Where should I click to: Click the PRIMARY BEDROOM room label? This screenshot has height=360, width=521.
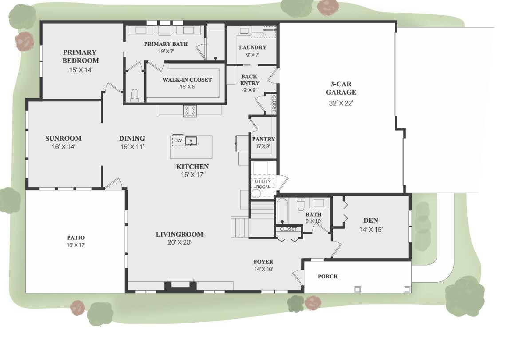click(80, 56)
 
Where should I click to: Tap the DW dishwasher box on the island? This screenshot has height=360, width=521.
click(178, 141)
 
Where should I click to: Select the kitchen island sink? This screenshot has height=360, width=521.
click(191, 141)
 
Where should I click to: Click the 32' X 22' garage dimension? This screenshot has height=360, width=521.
click(341, 103)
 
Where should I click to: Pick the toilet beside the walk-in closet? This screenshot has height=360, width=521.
click(135, 95)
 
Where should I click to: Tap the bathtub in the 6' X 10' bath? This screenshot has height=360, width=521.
click(282, 211)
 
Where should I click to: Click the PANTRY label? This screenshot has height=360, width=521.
click(264, 139)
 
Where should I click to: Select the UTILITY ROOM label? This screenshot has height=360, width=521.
click(262, 184)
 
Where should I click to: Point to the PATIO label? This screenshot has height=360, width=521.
click(75, 237)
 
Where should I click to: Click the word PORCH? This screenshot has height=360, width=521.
click(328, 276)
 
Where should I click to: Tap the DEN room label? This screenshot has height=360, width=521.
click(371, 220)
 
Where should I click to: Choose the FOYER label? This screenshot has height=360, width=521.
click(263, 261)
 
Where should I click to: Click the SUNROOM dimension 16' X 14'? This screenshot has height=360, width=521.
click(63, 146)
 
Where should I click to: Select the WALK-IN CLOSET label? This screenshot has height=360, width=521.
click(187, 79)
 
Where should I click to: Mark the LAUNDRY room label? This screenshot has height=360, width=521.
click(253, 47)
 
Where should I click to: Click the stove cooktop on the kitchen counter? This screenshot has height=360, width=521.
click(190, 110)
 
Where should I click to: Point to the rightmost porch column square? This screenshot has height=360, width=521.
click(407, 289)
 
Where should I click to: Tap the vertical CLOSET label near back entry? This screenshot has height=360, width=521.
click(274, 103)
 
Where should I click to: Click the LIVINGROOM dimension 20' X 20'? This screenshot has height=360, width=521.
click(179, 242)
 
